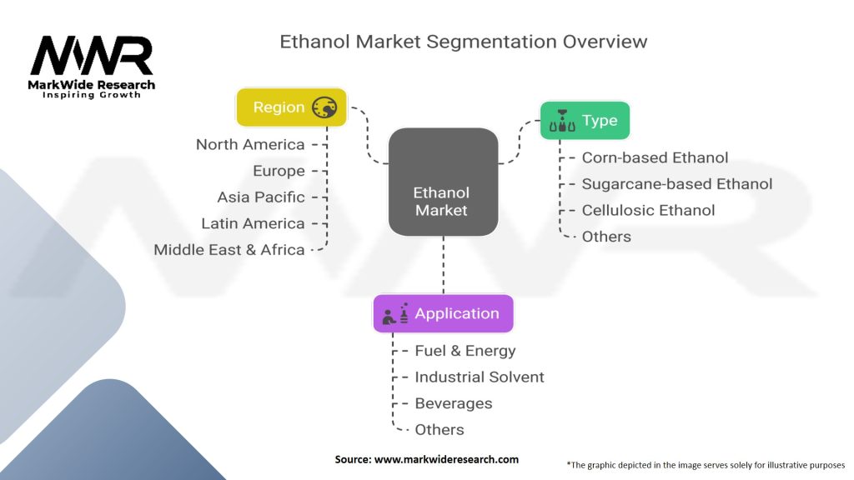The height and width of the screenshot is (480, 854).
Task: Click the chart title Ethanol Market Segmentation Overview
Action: (463, 41)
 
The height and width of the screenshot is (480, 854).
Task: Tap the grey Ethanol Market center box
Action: (443, 181)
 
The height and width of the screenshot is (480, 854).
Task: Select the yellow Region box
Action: (291, 107)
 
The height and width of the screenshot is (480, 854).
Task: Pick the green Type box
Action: (585, 121)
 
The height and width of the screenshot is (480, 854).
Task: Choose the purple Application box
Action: (443, 314)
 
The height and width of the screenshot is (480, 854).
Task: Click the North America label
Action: (250, 145)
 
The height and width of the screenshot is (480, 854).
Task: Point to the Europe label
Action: (279, 171)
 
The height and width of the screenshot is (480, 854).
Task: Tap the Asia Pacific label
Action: (261, 197)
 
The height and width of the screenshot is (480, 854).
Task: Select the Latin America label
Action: (253, 223)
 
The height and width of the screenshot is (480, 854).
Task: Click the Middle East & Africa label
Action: (229, 250)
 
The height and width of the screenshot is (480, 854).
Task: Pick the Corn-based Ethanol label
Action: (655, 157)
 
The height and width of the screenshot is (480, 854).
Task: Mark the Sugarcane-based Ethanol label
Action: (676, 184)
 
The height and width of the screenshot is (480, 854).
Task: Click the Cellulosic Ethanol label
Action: (648, 210)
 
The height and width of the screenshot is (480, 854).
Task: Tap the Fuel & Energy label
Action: (465, 351)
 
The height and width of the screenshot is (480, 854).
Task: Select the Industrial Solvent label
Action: (479, 377)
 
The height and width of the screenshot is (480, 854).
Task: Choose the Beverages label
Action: (453, 403)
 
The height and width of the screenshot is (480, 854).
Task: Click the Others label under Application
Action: (439, 430)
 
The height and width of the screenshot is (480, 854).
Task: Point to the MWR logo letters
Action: (92, 57)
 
